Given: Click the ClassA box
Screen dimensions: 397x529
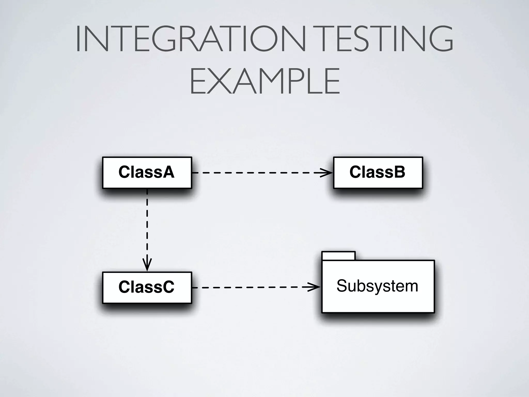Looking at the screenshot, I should click(147, 172).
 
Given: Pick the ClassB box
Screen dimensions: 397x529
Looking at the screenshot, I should click(378, 172).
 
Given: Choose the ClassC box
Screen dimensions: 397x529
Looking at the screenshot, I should click(147, 287).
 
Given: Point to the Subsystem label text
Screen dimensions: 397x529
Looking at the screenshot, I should click(377, 286).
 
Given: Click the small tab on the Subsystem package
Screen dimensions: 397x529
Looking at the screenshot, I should click(338, 256).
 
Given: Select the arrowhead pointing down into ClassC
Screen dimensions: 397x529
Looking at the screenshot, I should click(147, 265).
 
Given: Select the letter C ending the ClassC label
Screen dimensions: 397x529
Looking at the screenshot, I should click(168, 287).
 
